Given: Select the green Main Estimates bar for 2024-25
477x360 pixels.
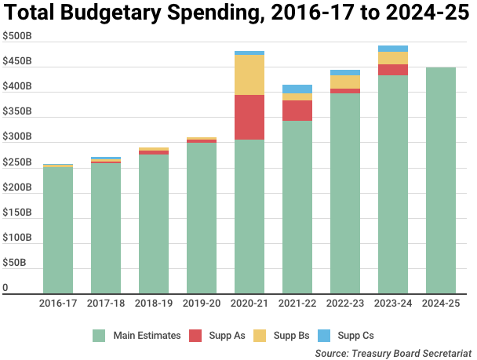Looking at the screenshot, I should click(x=440, y=180).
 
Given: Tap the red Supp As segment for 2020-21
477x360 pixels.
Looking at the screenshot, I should click(x=249, y=117).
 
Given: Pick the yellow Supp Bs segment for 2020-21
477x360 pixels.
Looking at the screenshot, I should click(x=249, y=75).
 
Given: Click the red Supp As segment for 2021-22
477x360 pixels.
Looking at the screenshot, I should click(x=297, y=110).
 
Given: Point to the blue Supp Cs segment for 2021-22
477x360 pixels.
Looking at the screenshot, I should click(x=297, y=89).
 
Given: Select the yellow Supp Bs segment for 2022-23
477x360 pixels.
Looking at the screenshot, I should click(x=345, y=82).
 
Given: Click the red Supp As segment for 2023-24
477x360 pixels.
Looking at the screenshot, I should click(x=392, y=70).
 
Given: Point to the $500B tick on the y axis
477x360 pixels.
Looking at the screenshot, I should click(x=16, y=37).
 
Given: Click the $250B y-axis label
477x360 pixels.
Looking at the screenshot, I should click(x=16, y=162).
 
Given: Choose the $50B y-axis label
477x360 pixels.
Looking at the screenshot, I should click(x=14, y=263).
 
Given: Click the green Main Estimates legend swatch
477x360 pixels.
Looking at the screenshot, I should click(x=99, y=336).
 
